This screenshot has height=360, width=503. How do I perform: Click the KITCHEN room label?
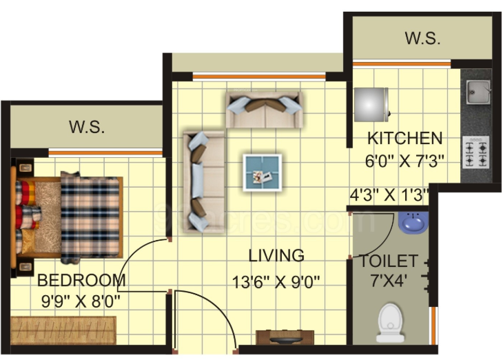point(404,137)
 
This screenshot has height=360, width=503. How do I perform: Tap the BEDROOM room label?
point(81,281)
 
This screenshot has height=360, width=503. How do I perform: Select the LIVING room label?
point(276,256)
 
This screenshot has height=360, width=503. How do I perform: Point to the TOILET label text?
point(388,261)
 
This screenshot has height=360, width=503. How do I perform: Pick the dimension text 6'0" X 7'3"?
point(404,161)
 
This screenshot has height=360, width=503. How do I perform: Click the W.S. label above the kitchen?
point(422,39)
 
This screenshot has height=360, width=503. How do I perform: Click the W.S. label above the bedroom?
point(86,127)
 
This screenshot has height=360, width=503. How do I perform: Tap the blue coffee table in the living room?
point(263,172)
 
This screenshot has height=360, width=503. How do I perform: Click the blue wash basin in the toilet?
point(413,221)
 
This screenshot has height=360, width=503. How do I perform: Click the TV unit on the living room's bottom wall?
point(285,338)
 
